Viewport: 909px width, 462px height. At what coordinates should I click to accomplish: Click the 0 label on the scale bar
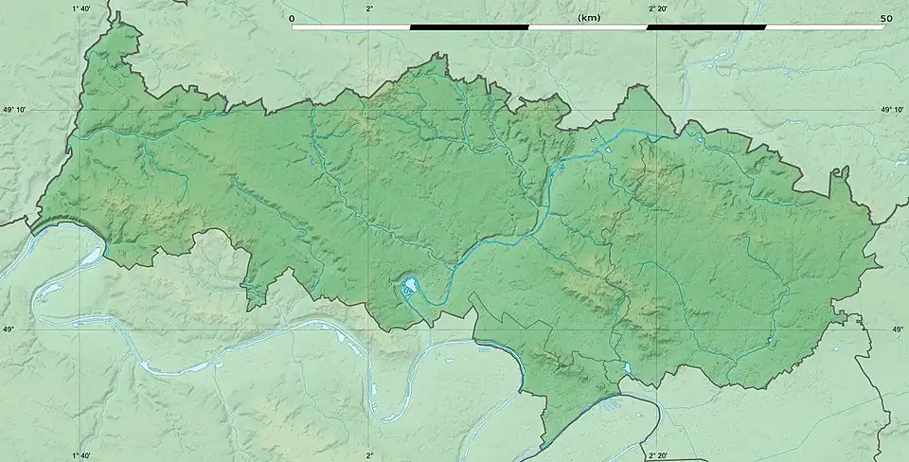292,18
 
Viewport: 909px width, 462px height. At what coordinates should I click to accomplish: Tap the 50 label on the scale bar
886,18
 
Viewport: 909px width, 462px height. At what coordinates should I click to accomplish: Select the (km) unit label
588,18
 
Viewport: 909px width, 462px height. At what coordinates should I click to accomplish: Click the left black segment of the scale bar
469,27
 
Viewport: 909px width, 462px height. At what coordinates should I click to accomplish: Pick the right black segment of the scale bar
706,27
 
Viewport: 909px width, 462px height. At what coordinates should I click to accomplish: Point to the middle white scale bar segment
587,27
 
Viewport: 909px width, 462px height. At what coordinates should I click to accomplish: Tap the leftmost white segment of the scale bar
350,27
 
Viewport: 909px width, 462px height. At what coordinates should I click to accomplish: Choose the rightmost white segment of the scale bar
826,27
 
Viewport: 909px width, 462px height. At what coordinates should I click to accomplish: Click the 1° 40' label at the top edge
81,8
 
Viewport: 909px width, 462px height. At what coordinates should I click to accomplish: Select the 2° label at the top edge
369,8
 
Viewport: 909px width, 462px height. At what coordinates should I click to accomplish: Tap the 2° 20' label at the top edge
657,8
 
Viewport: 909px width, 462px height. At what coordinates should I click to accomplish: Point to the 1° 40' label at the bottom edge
81,455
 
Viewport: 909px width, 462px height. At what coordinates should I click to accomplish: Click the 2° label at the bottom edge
369,455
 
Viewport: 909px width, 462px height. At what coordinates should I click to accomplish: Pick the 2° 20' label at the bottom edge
657,455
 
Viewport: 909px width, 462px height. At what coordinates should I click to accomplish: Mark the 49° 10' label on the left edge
16,110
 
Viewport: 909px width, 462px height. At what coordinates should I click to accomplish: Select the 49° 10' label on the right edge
892,110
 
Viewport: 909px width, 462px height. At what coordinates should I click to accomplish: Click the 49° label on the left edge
9,329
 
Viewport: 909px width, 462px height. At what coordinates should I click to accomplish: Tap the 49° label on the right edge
899,329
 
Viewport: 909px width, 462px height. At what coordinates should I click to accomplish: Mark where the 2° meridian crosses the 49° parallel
369,329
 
